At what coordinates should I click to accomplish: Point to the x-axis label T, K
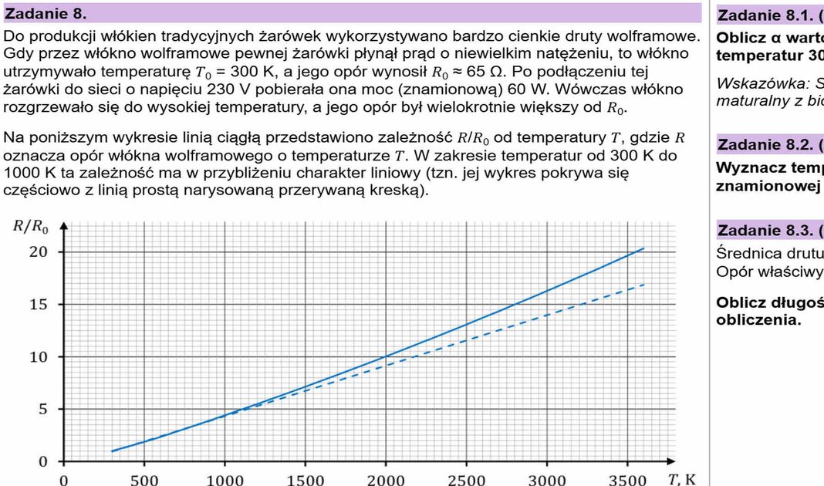coord(683,478)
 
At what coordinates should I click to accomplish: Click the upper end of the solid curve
coord(643,248)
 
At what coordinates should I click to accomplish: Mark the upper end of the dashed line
coord(643,284)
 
